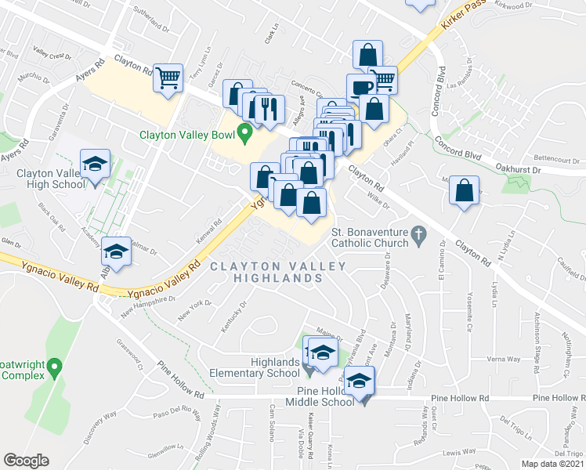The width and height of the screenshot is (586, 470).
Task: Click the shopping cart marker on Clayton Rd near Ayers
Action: click(x=168, y=78)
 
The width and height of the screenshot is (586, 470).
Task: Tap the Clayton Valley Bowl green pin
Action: click(x=244, y=134)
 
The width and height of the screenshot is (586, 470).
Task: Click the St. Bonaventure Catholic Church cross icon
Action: click(x=419, y=234)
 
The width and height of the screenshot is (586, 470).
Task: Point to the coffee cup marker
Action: click(x=361, y=87)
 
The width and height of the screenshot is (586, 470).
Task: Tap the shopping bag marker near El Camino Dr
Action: click(x=465, y=190)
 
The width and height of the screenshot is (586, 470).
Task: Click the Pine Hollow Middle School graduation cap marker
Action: click(x=360, y=382)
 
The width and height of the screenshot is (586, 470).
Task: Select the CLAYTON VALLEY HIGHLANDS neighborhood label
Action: click(x=277, y=273)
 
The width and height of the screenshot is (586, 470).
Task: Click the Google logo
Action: click(x=26, y=460)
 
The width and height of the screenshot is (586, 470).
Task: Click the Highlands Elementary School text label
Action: click(x=265, y=367)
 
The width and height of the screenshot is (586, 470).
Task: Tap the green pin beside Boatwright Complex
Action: click(x=54, y=366)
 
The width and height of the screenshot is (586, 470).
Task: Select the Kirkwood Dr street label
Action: click(x=539, y=5)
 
